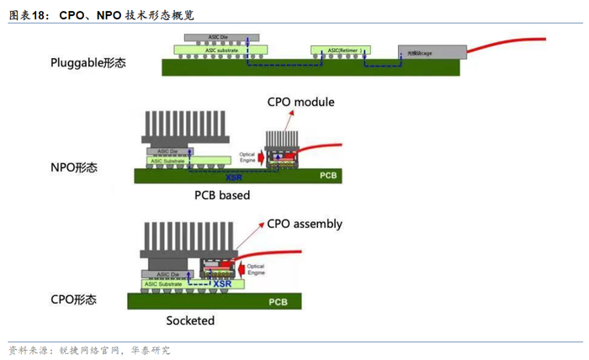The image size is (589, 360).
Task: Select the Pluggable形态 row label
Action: coord(88,62)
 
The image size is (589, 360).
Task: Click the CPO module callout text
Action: coord(300,103)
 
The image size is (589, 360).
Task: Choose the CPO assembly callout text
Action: coord(305,224)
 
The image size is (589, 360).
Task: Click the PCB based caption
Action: coord(216,195)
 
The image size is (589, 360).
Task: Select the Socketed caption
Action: coord(190,320)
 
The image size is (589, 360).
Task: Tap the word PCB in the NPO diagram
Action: coord(327,177)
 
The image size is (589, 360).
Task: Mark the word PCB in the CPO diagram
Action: coord(278,301)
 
